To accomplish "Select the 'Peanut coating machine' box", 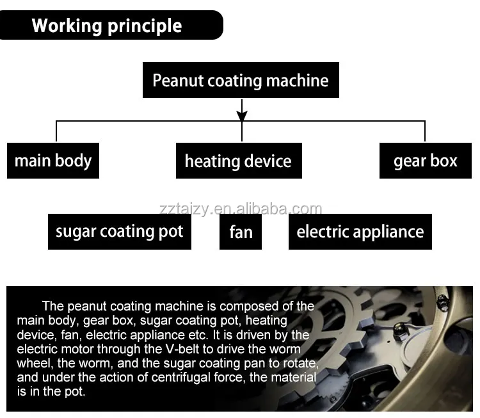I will [x=241, y=81].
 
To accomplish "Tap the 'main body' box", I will [x=53, y=160].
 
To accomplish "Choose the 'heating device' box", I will [x=238, y=161].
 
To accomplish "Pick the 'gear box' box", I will [x=425, y=160].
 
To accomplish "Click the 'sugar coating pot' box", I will [x=119, y=231].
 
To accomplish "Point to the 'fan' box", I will [x=241, y=232].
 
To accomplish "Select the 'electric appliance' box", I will [x=360, y=231].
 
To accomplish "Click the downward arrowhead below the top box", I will [x=241, y=116].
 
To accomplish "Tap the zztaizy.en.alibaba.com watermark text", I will [x=241, y=209].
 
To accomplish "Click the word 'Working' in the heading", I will [x=65, y=26].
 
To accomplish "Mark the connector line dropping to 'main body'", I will [x=56, y=131].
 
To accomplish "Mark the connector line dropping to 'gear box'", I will [x=424, y=131].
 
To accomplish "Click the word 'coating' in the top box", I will [x=230, y=81].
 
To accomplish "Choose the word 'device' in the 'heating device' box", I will [x=268, y=161].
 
